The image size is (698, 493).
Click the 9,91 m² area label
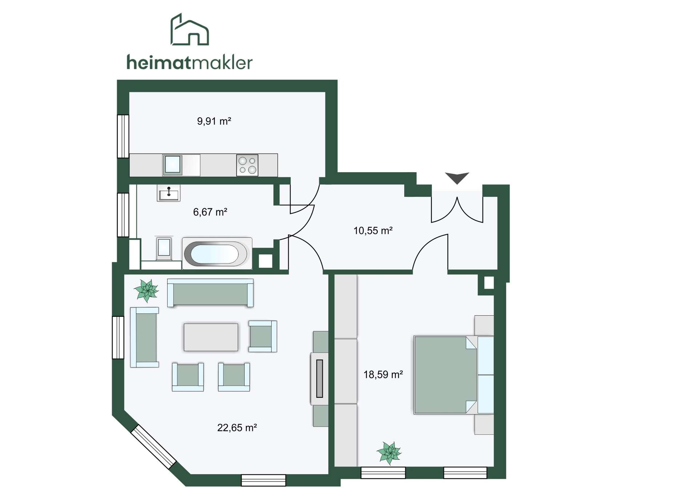214,121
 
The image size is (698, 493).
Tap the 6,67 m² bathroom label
210,212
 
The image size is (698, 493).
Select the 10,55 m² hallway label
373,230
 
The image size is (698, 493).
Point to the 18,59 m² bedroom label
383,374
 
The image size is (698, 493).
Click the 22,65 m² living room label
237,428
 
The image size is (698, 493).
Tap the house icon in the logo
190,29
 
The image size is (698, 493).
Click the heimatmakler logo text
189,62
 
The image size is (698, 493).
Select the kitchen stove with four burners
247,165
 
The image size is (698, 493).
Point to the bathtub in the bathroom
217,253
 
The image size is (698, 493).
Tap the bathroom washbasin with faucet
169,193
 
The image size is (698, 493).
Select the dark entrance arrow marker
457,177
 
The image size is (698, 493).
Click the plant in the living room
146,291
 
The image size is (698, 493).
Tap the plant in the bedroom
389,453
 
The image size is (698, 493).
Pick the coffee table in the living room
211,337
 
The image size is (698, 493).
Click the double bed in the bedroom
454,375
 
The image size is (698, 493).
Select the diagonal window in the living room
153,447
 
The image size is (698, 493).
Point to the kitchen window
123,136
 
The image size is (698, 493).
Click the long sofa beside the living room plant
210,293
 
